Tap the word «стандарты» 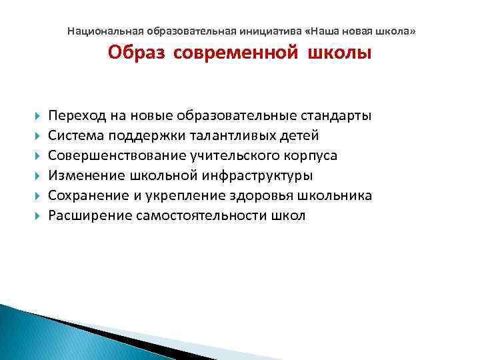tap(335, 116)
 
